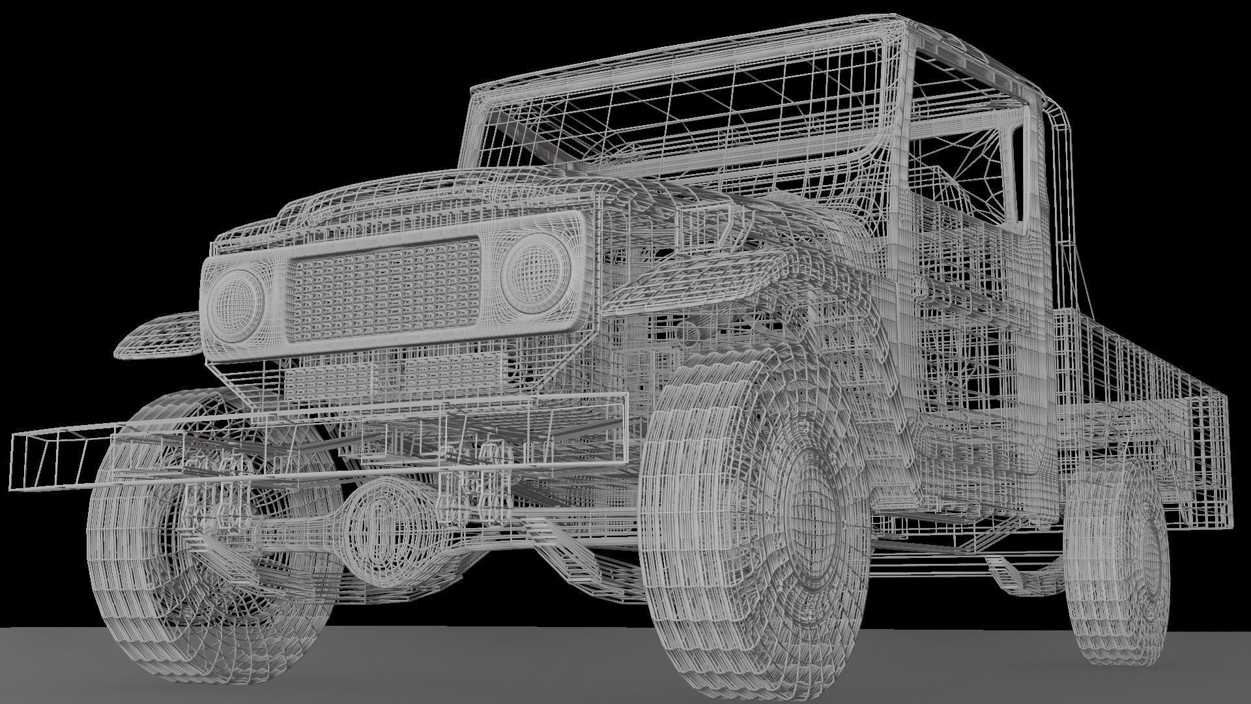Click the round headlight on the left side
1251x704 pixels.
click(x=235, y=304)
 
